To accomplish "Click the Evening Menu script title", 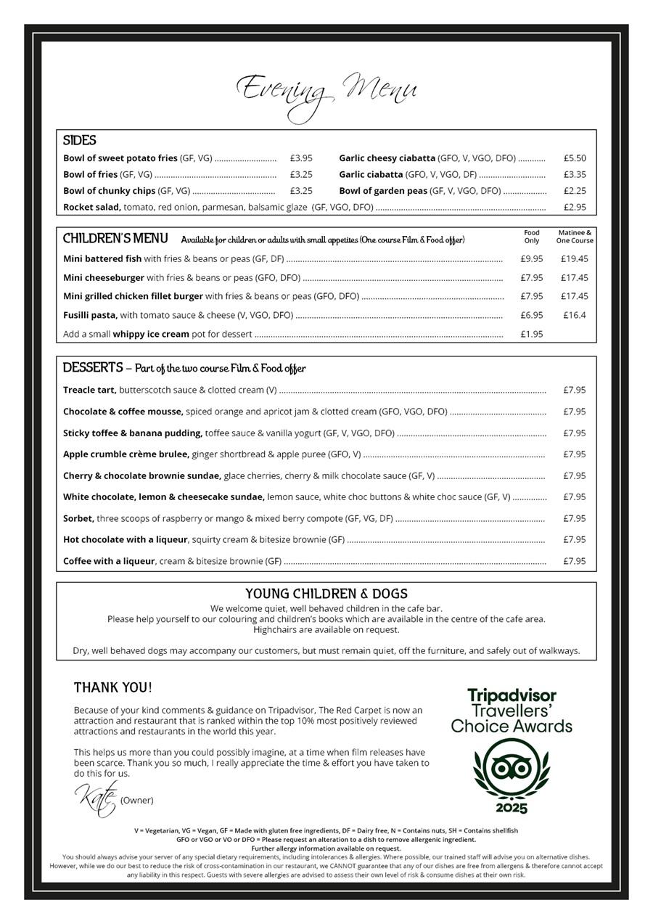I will tap(326, 92).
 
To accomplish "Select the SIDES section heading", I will tap(79, 141).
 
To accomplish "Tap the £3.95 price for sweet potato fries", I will tap(301, 158).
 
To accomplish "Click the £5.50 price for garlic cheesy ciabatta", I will tap(575, 158).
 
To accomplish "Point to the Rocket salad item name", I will tap(91, 208).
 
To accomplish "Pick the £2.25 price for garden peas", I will tap(575, 191).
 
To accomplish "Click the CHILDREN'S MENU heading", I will tap(115, 239).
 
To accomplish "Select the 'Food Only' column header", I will tap(532, 237).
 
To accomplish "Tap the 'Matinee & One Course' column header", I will tap(575, 237).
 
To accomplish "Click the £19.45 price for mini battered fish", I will tap(575, 258).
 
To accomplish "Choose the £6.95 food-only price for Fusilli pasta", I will tap(532, 315).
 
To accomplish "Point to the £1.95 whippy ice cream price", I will tap(532, 334).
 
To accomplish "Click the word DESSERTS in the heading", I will tap(93, 368).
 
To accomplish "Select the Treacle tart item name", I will tap(89, 391).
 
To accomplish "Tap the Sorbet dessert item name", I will tap(78, 519).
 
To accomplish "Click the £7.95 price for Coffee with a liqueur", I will tap(575, 561).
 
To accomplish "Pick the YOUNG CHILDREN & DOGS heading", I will tap(326, 594).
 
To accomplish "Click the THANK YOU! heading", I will tap(113, 687).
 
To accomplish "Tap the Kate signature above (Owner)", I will tap(95, 798).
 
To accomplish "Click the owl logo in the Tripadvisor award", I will tap(512, 768).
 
